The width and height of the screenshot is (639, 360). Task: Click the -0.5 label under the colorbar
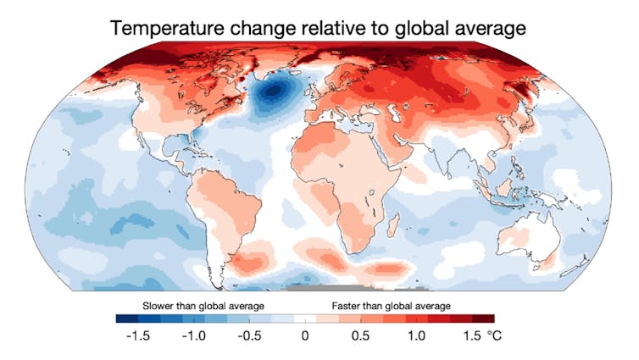[x=252, y=336]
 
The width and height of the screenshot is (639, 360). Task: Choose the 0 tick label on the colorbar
[x=305, y=336]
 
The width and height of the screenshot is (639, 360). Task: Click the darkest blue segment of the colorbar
[x=127, y=318]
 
